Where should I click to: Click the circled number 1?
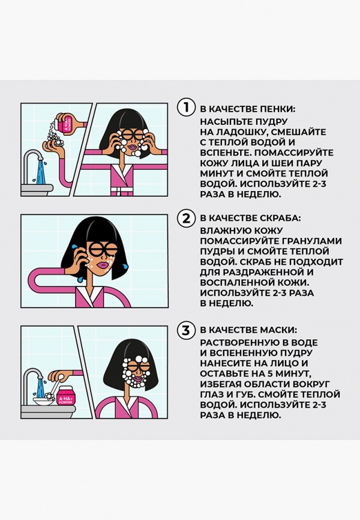pyautogui.click(x=187, y=108)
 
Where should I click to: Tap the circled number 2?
pyautogui.click(x=187, y=217)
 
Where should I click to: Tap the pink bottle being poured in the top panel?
pyautogui.click(x=64, y=124)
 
